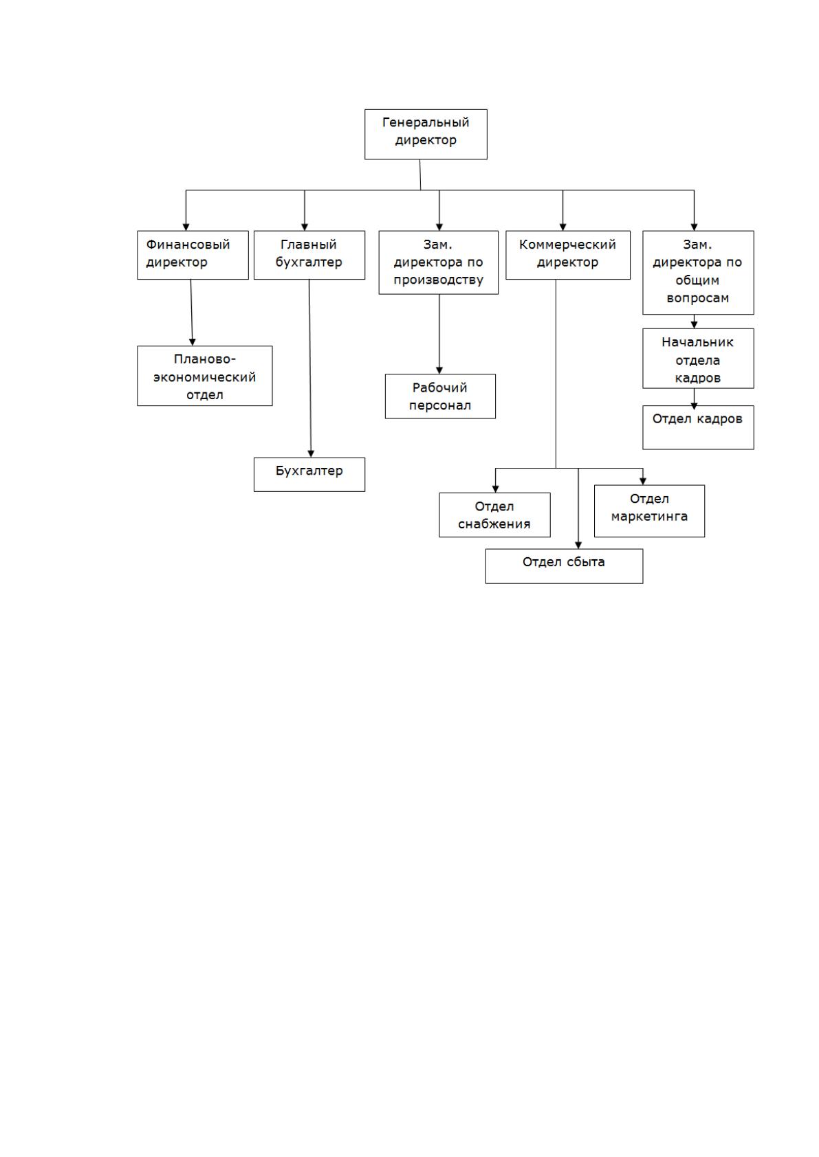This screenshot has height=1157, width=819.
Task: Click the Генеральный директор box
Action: tap(426, 134)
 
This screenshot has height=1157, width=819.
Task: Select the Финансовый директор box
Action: tap(193, 255)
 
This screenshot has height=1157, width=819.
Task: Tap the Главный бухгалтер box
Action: tap(309, 255)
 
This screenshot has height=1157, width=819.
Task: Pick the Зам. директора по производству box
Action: tap(439, 262)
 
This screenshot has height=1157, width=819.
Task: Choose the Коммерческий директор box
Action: tap(568, 255)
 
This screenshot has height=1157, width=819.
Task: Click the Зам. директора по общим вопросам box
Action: tap(698, 272)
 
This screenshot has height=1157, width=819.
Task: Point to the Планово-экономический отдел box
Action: tap(205, 376)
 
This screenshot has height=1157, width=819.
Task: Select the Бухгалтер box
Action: tap(309, 474)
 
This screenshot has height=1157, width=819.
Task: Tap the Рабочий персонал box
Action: tap(440, 396)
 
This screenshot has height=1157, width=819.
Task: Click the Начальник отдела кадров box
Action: tap(698, 359)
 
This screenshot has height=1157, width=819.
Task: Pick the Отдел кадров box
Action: tap(698, 427)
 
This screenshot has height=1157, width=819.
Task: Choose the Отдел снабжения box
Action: tap(494, 515)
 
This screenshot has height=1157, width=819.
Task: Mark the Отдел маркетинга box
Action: tap(649, 511)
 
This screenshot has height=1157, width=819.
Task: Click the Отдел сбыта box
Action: tap(564, 566)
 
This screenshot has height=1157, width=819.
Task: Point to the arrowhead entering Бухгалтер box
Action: tap(311, 453)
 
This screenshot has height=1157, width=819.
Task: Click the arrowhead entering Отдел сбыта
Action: tap(578, 545)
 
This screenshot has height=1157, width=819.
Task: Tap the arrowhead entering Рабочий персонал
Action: tap(439, 370)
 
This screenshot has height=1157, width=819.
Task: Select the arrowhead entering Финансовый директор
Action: tap(186, 227)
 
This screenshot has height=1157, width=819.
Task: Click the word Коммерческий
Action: tap(567, 245)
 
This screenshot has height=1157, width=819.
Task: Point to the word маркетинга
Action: tap(649, 517)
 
